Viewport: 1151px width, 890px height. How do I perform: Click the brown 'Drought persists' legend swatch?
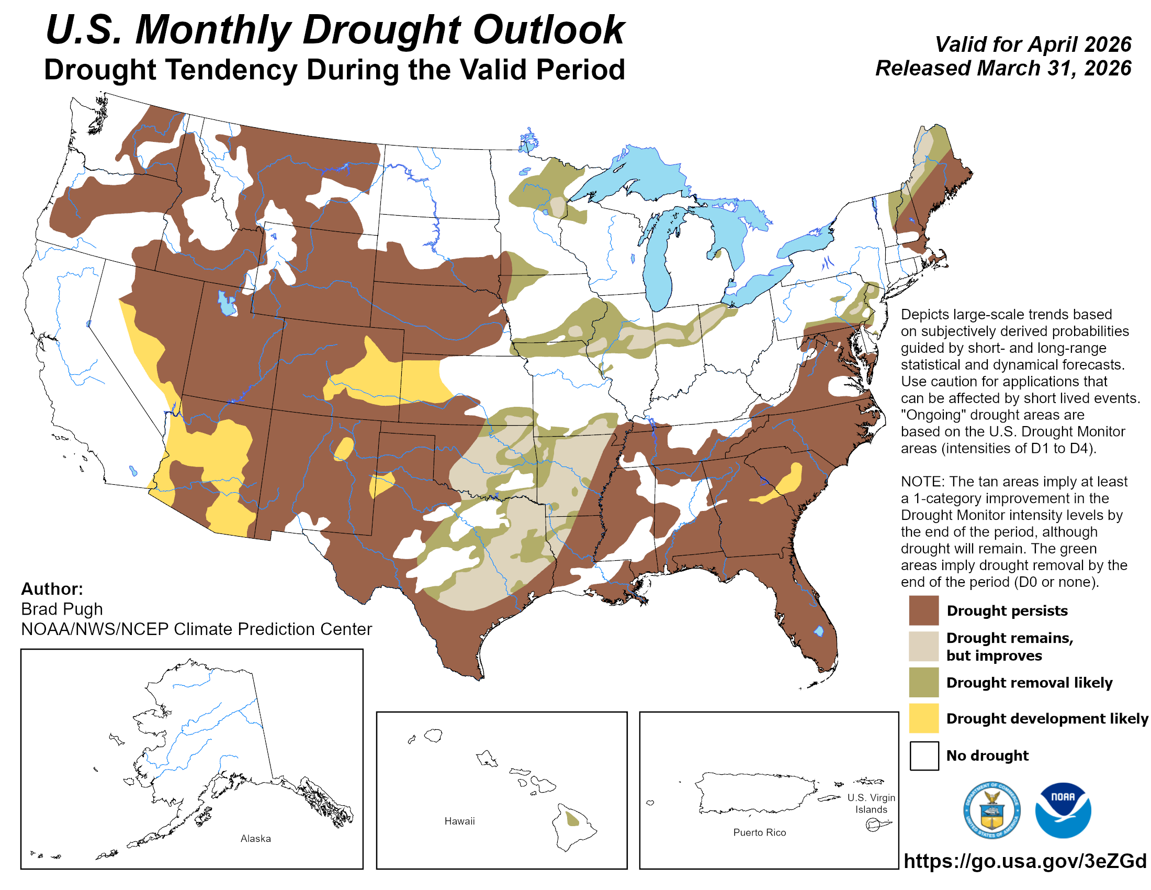tap(923, 610)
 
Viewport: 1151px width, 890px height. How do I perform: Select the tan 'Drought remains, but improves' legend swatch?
tap(923, 646)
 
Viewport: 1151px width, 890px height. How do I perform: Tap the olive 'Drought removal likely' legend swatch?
tap(923, 682)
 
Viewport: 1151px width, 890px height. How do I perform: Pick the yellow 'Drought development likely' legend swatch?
tap(923, 718)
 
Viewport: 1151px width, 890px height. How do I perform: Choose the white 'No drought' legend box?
tap(923, 755)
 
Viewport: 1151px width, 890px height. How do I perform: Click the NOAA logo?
tap(1063, 810)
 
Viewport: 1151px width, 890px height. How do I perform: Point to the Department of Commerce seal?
tap(991, 810)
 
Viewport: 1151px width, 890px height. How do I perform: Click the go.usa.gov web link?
tap(1024, 861)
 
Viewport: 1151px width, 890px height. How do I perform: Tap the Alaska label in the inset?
tap(256, 838)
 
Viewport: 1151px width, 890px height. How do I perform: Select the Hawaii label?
tap(459, 821)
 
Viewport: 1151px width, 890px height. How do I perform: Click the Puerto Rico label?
tap(759, 832)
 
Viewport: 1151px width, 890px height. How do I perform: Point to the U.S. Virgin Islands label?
tap(871, 803)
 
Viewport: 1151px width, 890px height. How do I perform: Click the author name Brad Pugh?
tap(62, 609)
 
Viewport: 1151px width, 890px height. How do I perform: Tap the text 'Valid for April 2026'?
tap(1032, 44)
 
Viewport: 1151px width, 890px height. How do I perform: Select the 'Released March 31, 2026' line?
tap(1003, 69)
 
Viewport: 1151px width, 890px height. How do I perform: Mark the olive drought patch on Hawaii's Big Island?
tap(571, 819)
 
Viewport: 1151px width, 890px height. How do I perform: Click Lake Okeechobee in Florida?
tap(818, 631)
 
